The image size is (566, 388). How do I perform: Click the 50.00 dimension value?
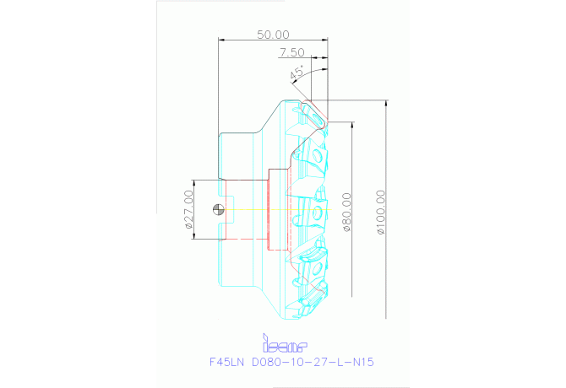point(273,35)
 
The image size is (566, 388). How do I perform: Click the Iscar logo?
point(285,345)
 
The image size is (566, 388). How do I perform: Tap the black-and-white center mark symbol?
point(220,209)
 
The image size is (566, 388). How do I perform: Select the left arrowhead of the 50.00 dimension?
point(221,40)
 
